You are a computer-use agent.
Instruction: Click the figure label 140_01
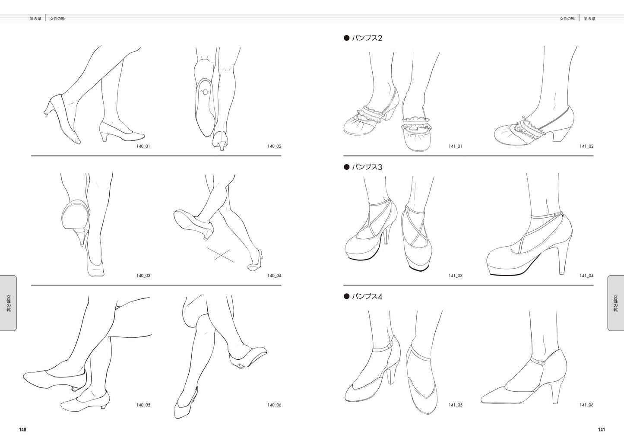[143, 146]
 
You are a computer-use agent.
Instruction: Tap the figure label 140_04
[274, 276]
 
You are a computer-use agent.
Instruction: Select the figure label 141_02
[587, 146]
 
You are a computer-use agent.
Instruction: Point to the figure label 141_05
[456, 405]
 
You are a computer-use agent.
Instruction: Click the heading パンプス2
[367, 38]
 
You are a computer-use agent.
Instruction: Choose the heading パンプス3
[367, 167]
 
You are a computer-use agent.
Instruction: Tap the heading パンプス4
[367, 296]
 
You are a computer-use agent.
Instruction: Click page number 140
[22, 430]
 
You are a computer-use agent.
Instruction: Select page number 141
[602, 430]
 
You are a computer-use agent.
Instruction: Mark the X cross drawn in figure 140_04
[220, 255]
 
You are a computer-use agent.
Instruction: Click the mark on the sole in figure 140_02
[205, 92]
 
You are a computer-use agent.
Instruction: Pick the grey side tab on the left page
[8, 303]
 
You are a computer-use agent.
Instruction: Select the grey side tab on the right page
[616, 303]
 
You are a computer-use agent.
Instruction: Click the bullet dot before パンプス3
[346, 167]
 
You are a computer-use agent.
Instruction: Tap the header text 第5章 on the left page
[35, 19]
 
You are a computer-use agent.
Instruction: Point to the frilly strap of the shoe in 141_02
[529, 127]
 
